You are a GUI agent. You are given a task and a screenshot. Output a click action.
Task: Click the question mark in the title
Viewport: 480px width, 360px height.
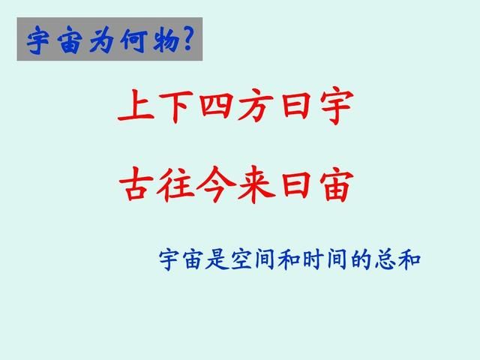pyautogui.click(x=188, y=38)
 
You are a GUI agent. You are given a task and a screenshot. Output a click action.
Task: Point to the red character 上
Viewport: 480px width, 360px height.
pyautogui.click(x=136, y=105)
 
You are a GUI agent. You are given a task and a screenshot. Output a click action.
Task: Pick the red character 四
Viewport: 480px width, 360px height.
pyautogui.click(x=216, y=106)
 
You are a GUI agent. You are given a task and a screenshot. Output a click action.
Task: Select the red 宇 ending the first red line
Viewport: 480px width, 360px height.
pyautogui.click(x=335, y=106)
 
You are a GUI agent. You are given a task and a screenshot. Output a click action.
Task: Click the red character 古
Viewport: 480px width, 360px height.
pyautogui.click(x=136, y=184)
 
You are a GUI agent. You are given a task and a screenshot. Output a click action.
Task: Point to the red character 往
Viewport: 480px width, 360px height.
pyautogui.click(x=175, y=184)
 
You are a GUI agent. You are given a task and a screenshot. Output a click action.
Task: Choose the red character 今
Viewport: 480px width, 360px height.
pyautogui.click(x=216, y=184)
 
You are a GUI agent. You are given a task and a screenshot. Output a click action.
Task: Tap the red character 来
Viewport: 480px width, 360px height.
pyautogui.click(x=256, y=184)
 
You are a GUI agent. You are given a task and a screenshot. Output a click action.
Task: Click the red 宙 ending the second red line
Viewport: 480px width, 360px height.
pyautogui.click(x=336, y=184)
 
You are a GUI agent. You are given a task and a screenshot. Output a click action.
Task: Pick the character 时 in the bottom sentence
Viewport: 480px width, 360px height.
pyautogui.click(x=314, y=260)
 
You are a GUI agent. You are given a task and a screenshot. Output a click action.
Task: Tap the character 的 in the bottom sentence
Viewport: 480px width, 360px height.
pyautogui.click(x=361, y=260)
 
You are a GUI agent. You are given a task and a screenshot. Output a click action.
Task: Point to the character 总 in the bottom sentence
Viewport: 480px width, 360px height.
pyautogui.click(x=385, y=260)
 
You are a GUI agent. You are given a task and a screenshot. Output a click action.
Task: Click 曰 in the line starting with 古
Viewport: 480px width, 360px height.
pyautogui.click(x=295, y=184)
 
